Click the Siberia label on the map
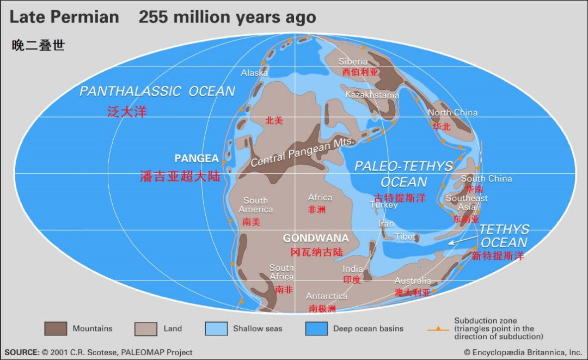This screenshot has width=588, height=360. point(353,62)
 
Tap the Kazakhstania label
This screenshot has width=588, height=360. point(372,95)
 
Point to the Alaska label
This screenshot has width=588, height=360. point(254,72)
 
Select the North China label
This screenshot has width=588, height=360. point(452,113)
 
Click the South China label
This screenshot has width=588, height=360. point(486,179)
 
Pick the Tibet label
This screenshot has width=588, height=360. point(405,237)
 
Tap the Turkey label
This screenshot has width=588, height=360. point(384,205)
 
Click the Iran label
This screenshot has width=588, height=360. point(386,224)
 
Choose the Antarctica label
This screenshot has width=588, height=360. point(327,296)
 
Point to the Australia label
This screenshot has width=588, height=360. point(413,281)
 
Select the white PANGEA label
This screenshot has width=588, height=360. point(197,158)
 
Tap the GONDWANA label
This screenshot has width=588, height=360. point(316,239)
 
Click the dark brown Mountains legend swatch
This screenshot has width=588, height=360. point(56,328)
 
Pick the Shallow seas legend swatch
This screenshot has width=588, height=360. point(216,328)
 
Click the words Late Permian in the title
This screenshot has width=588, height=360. point(64,17)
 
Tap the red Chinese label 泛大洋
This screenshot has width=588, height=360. point(127,112)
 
